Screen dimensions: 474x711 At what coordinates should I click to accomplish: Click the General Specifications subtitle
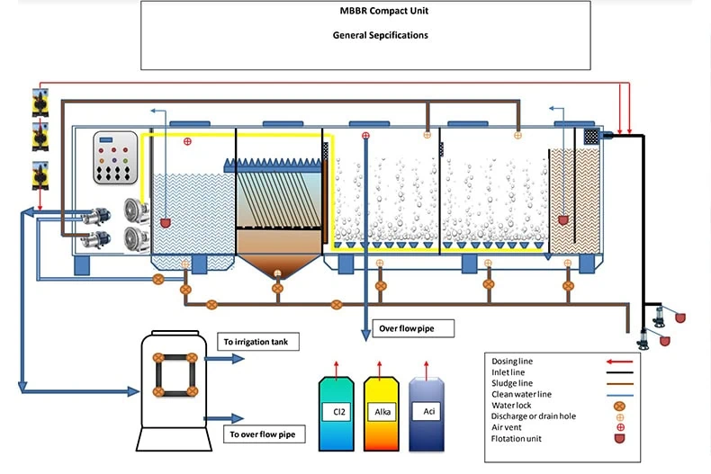(x=364, y=36)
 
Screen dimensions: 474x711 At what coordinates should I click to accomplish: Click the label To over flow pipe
(x=262, y=434)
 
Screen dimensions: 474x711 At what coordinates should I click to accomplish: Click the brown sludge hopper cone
(x=278, y=267)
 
